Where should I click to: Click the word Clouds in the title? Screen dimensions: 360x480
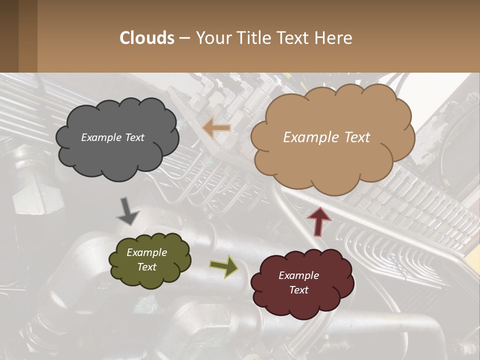(147, 38)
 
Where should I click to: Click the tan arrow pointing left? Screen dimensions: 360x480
(216, 128)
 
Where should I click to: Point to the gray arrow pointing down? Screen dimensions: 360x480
(127, 211)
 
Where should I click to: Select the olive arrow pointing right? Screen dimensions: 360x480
(224, 266)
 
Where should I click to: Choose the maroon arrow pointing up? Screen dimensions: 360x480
(318, 221)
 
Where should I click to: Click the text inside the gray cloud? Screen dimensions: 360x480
(112, 137)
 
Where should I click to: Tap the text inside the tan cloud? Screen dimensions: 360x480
(326, 137)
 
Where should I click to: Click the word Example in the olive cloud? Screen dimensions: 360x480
(146, 252)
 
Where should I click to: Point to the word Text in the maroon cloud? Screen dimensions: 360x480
(298, 290)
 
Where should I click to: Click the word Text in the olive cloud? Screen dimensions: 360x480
(146, 267)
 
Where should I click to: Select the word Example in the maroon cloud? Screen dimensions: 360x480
(298, 275)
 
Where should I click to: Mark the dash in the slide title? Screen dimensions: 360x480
(184, 38)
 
